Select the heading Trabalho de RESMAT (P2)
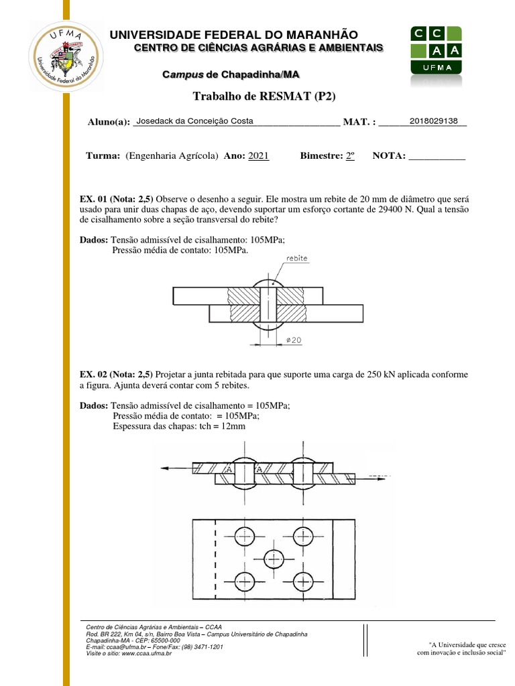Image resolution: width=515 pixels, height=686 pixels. [264, 96]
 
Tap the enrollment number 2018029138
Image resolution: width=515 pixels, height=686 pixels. [433, 121]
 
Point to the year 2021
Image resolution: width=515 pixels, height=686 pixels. [258, 155]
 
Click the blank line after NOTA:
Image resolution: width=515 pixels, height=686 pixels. [437, 157]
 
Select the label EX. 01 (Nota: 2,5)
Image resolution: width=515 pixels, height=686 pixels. [116, 199]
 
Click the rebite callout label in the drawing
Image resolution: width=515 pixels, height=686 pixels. [297, 257]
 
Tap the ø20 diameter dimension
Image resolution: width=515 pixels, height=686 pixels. [294, 340]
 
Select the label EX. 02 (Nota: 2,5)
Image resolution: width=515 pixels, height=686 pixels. [116, 374]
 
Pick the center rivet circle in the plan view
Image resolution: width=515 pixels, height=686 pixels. [274, 558]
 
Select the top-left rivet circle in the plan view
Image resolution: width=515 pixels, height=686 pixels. [245, 536]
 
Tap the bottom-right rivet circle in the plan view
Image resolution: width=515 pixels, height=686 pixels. [303, 580]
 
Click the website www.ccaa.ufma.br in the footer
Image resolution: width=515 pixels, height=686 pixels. [146, 653]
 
